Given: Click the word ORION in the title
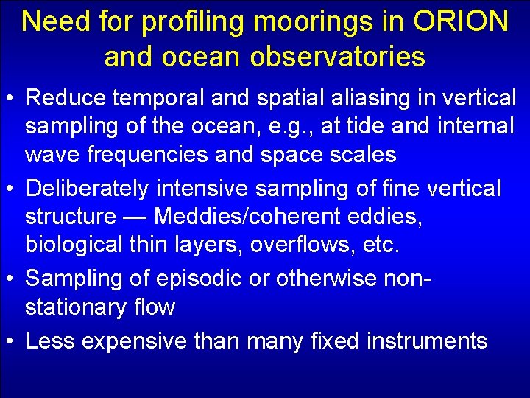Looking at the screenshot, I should click(x=461, y=22).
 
